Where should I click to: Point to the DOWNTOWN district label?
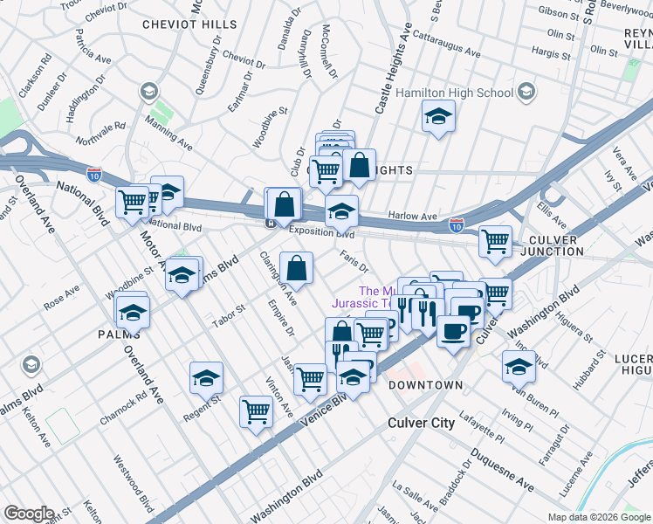[x=425, y=385]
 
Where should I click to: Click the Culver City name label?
[x=421, y=423]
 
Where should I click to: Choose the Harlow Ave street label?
[x=412, y=216]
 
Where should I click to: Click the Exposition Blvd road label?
[x=321, y=233]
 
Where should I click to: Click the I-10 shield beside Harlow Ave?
[x=456, y=225]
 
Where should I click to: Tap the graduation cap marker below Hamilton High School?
[x=438, y=115]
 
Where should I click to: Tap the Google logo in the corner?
[x=28, y=514]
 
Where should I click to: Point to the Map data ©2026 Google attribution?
[x=599, y=517]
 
